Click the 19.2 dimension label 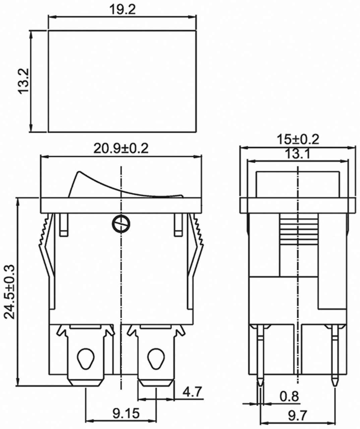[122, 9]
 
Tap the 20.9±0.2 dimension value [121, 148]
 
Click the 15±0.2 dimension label [298, 139]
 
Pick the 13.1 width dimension [298, 154]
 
